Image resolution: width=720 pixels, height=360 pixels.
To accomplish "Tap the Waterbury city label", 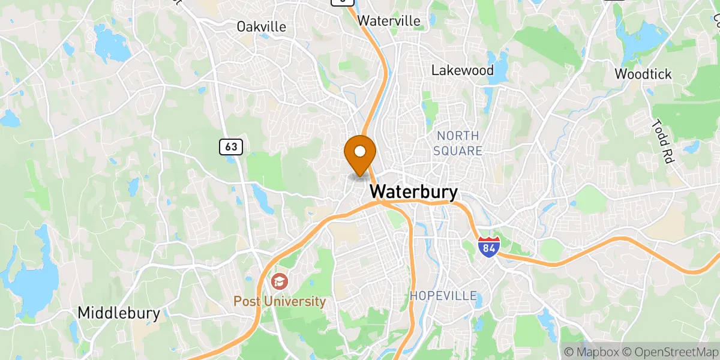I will (x=414, y=192).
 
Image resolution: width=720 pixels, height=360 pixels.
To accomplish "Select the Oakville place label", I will (x=261, y=27).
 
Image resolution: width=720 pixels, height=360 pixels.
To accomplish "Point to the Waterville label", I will (x=389, y=20).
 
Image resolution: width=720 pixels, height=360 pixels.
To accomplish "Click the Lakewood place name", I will (x=463, y=70).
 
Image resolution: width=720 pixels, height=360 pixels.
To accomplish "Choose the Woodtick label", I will (x=643, y=74).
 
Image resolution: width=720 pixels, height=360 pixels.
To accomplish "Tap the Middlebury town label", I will (x=119, y=313).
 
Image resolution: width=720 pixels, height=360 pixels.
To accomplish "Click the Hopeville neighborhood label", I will (x=443, y=296).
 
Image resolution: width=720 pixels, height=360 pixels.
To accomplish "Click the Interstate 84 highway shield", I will (x=488, y=247).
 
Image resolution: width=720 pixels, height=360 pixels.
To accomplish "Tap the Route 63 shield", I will (x=230, y=146).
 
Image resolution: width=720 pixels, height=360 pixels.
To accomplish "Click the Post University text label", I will (x=280, y=301).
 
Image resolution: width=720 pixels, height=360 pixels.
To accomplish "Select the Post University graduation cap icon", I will (x=279, y=281).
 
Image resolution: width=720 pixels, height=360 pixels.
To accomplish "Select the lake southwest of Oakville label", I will (x=111, y=45).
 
